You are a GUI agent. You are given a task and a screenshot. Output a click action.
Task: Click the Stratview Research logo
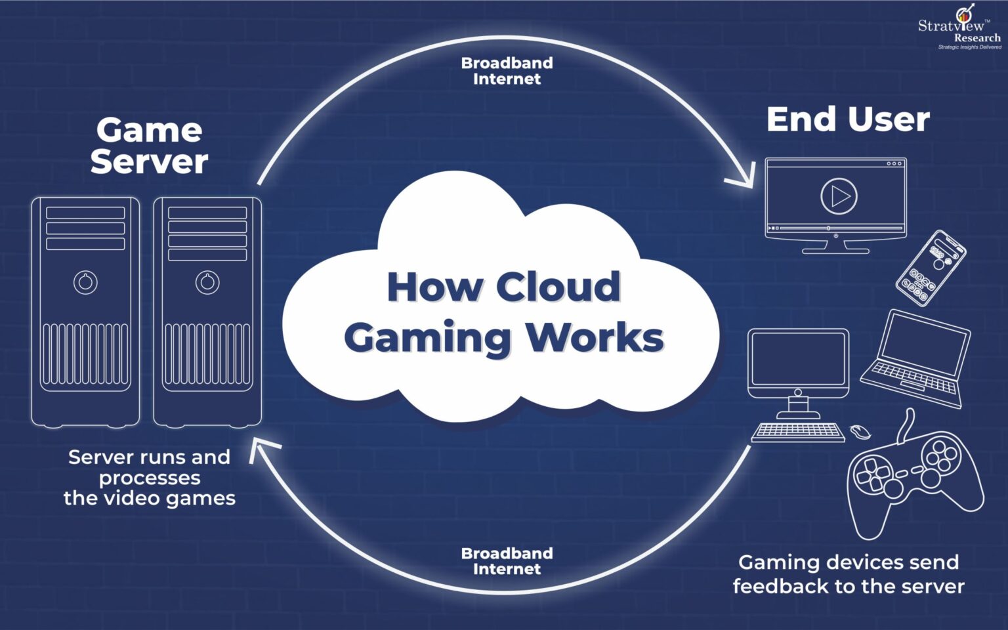point(960,28)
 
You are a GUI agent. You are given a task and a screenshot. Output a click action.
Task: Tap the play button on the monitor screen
point(839,196)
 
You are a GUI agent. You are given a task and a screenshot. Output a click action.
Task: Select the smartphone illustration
point(931,267)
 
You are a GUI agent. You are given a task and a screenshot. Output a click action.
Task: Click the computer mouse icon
point(860,432)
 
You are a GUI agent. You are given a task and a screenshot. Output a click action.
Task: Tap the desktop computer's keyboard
point(797,432)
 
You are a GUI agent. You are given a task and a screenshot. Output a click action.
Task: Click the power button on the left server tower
point(85,282)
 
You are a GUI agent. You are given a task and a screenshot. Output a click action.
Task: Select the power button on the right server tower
point(207,282)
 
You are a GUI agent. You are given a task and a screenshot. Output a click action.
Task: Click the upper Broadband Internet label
point(507,71)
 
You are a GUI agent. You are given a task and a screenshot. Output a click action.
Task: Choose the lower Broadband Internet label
point(507,561)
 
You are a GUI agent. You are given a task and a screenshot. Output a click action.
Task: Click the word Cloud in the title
point(558,287)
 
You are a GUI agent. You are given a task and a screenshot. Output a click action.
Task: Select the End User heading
point(847,119)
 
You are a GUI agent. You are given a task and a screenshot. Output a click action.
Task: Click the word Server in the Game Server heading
point(149,161)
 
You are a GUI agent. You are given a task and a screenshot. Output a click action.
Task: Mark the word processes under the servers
point(150,478)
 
